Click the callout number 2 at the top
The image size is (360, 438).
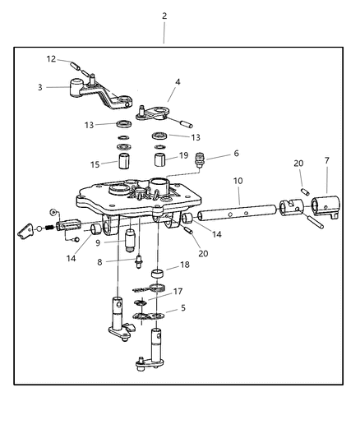[164, 16]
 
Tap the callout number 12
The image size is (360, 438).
[51, 58]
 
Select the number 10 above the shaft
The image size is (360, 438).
[98, 242]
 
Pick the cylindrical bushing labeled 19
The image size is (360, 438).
[161, 158]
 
